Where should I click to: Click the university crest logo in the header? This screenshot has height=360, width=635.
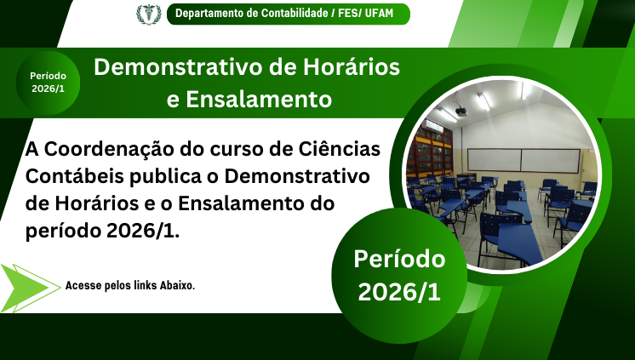click(147, 14)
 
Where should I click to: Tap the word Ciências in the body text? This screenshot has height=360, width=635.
click(341, 150)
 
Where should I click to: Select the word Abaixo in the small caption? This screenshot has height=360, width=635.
click(174, 286)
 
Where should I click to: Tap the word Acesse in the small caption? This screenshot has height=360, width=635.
click(83, 286)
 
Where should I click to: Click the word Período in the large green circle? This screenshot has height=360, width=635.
click(399, 258)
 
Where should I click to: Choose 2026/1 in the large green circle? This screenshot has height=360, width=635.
click(399, 292)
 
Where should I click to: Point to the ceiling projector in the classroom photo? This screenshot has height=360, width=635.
click(461, 111)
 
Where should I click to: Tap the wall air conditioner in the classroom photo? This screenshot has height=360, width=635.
click(434, 126)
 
